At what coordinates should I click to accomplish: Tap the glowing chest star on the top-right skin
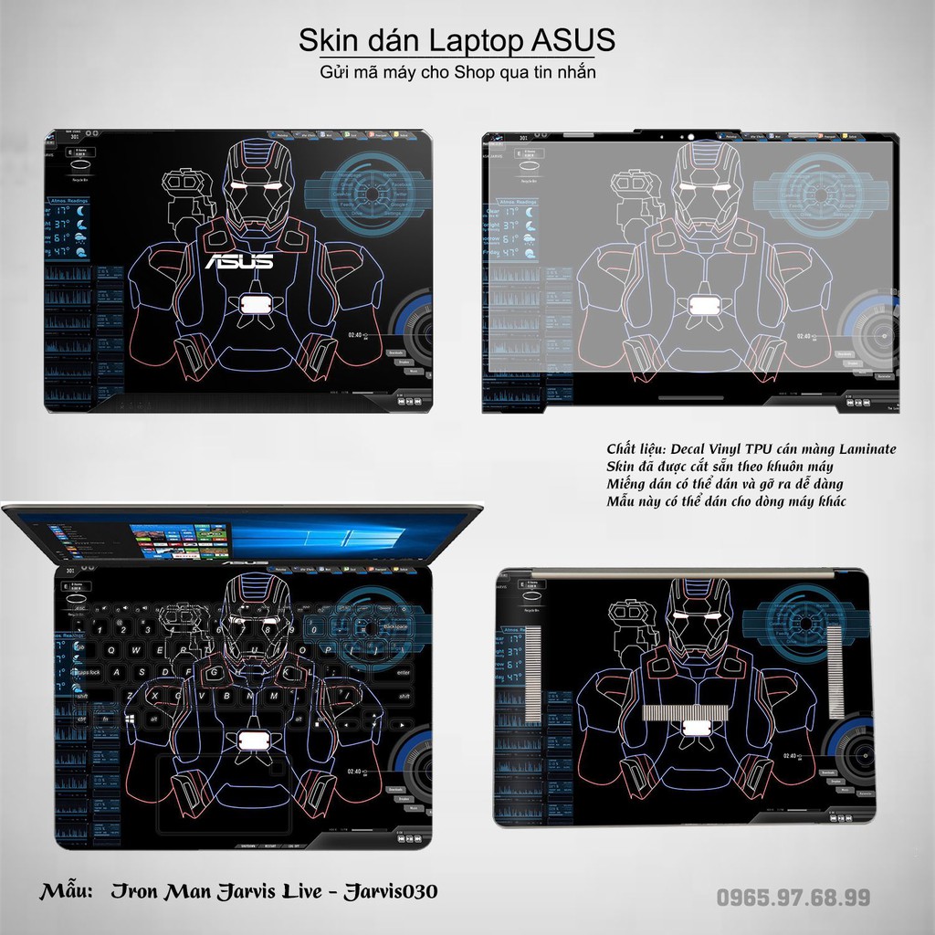pos(703,305)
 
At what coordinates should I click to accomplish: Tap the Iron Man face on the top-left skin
pos(257,187)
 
